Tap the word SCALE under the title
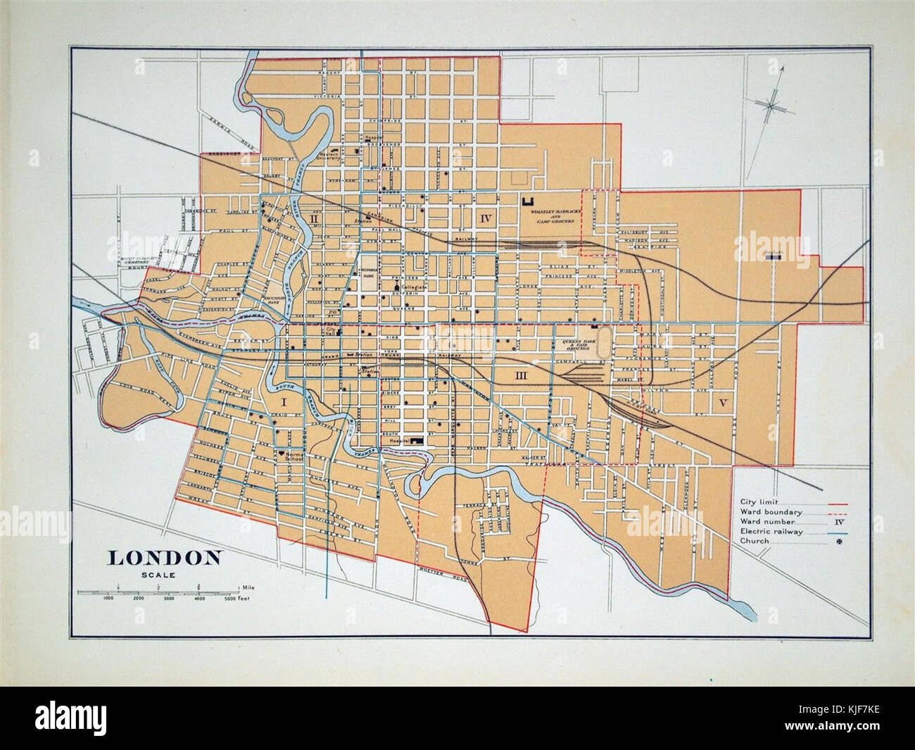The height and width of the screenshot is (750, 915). (x=163, y=573)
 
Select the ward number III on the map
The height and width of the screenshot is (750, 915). (x=522, y=377)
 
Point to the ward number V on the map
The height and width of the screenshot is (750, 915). (x=722, y=402)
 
